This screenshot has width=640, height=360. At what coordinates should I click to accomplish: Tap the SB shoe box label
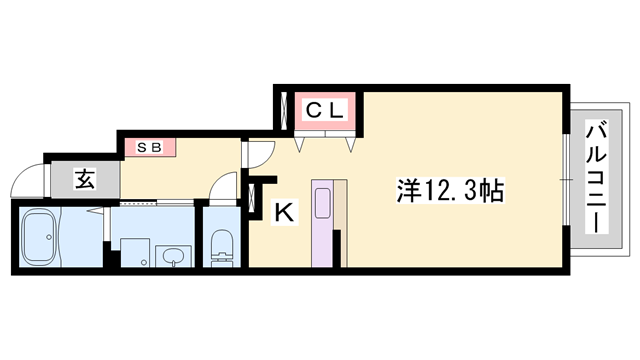tap(149, 147)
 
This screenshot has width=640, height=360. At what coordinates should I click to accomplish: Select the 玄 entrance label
tap(85, 181)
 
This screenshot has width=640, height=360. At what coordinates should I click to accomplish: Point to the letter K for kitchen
tap(284, 211)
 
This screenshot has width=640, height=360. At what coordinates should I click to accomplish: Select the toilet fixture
tap(222, 245)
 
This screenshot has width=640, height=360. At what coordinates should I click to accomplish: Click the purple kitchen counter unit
tap(323, 223)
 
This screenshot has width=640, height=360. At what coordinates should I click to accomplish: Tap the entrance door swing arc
tap(28, 182)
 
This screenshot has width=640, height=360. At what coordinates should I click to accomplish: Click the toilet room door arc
tap(225, 185)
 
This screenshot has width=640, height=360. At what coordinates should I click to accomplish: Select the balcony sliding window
tap(566, 178)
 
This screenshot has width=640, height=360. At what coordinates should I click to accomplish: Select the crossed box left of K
tap(250, 194)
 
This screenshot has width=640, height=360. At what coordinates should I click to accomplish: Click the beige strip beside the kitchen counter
tap(340, 222)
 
